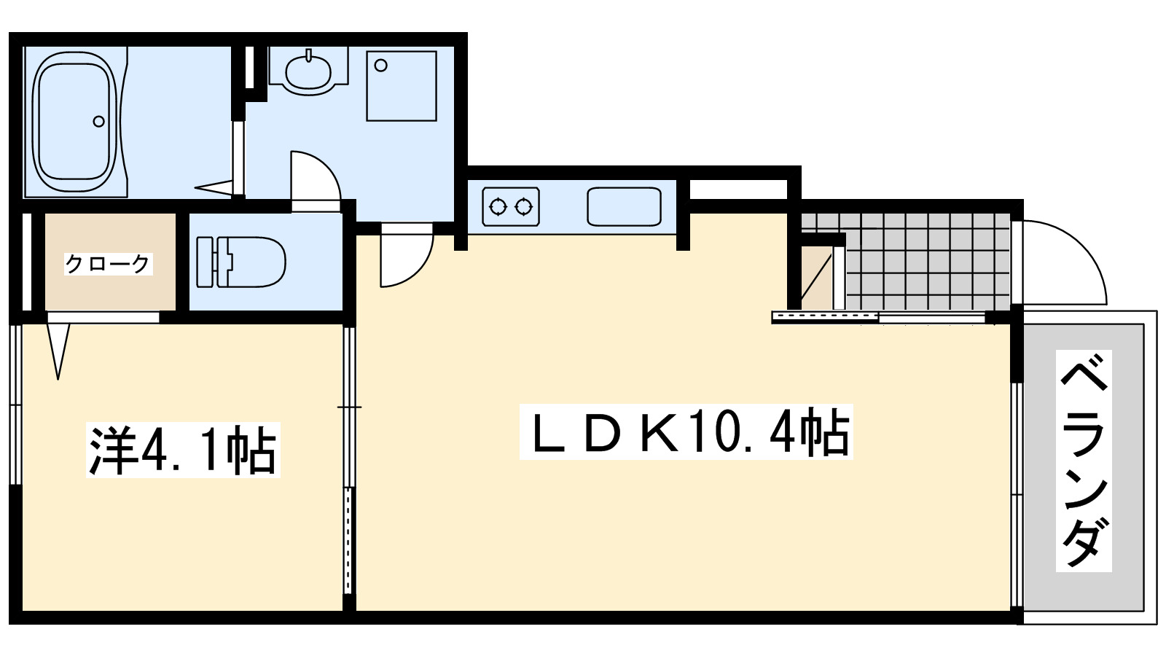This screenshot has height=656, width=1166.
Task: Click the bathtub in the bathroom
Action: (x=75, y=122)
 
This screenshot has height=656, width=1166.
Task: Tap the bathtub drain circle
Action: (x=98, y=122)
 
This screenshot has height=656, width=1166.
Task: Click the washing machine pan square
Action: (x=402, y=85)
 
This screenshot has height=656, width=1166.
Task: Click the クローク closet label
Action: (x=108, y=262)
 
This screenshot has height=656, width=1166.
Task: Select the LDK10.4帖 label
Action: (x=685, y=433)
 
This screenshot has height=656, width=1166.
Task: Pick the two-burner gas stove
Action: (x=511, y=207)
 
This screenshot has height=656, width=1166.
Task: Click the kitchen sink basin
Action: (x=625, y=207)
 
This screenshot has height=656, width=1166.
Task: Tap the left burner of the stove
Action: (x=498, y=207)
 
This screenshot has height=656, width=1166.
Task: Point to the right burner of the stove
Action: (x=524, y=207)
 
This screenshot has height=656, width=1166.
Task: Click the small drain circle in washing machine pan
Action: (x=380, y=66)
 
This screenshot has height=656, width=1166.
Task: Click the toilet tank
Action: (x=205, y=262)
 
